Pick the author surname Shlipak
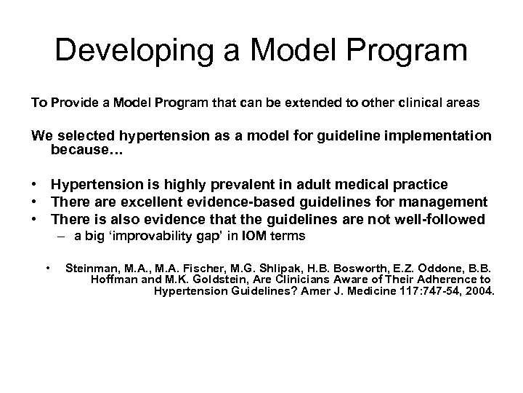(267, 268)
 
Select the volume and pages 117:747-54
(426, 292)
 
